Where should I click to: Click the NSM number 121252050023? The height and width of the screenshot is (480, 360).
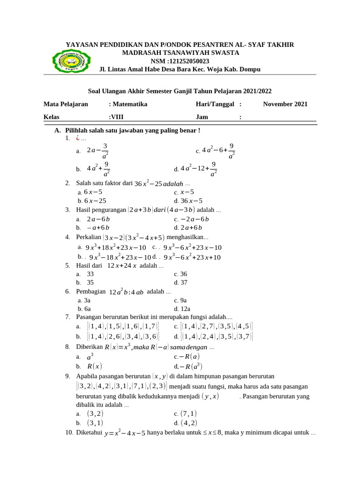[186, 61]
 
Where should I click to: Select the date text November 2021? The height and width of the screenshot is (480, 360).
[285, 104]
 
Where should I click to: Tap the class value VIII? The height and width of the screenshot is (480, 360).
[117, 117]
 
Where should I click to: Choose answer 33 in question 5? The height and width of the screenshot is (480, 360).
[90, 274]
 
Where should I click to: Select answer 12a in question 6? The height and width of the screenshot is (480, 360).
[182, 308]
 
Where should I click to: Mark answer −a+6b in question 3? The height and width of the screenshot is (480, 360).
[97, 227]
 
